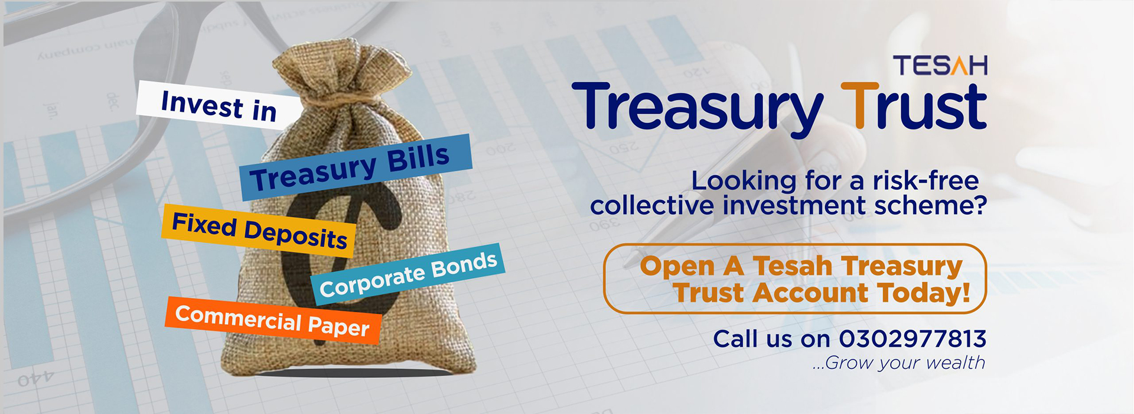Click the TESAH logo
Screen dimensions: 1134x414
pyautogui.click(x=940, y=66)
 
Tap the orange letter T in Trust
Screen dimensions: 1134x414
pyautogui.click(x=859, y=106)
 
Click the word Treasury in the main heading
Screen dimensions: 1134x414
pyautogui.click(x=697, y=110)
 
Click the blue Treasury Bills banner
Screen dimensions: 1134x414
pyautogui.click(x=356, y=167)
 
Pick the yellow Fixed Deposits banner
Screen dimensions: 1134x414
pyautogui.click(x=259, y=231)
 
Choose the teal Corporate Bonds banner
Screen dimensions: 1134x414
pyautogui.click(x=408, y=274)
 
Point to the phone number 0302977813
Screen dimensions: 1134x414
pyautogui.click(x=913, y=339)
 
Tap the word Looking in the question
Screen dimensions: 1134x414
pyautogui.click(x=744, y=181)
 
